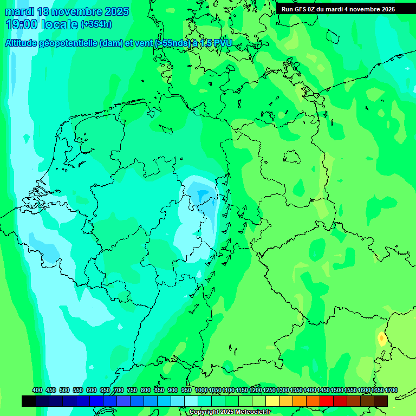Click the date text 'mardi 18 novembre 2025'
pyautogui.click(x=67, y=11)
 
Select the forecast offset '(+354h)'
pyautogui.click(x=96, y=24)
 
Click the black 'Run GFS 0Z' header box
pyautogui.click(x=346, y=9)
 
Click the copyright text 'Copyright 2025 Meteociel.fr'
pyautogui.click(x=230, y=412)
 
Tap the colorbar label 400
pyautogui.click(x=37, y=390)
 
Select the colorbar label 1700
pyautogui.click(x=391, y=390)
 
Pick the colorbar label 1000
pyautogui.click(x=201, y=390)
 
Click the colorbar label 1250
pyautogui.click(x=269, y=390)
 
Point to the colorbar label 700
pyautogui.click(x=119, y=390)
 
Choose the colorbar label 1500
pyautogui.click(x=337, y=390)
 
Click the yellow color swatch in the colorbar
pyautogui.click(x=272, y=401)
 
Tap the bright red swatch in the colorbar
pyautogui.click(x=327, y=401)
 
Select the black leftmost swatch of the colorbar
pyautogui.click(x=29, y=401)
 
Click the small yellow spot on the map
pyautogui.click(x=382, y=340)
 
